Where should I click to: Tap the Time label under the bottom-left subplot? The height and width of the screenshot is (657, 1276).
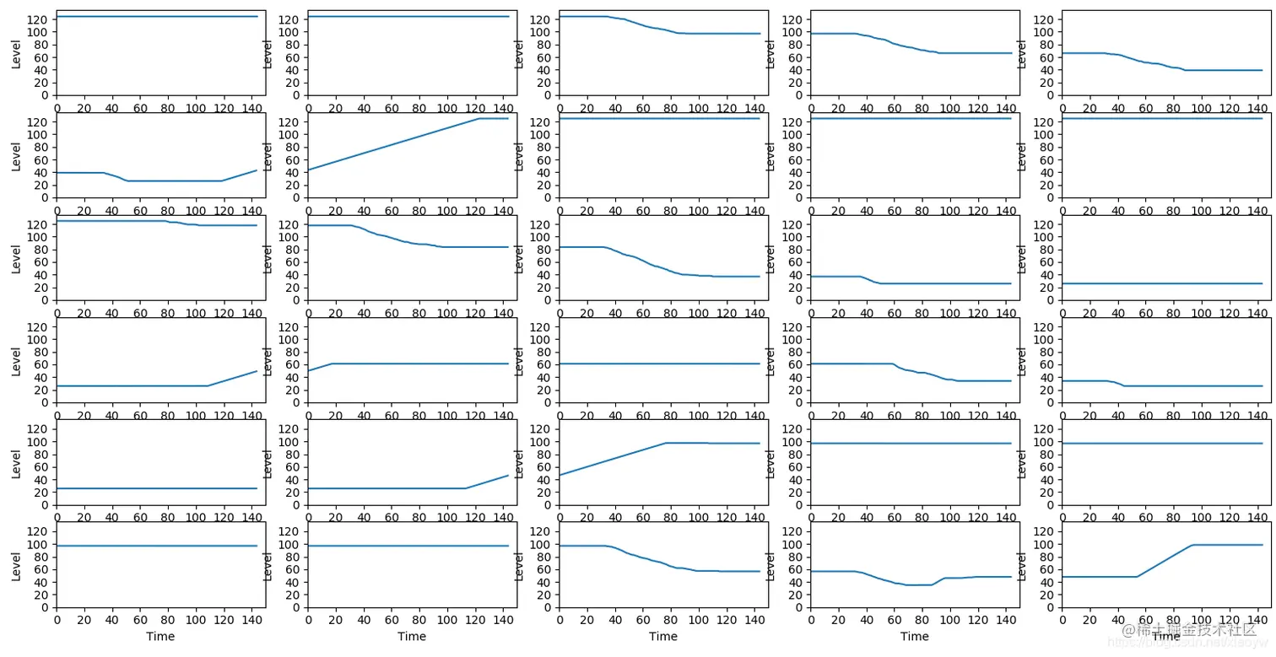point(160,637)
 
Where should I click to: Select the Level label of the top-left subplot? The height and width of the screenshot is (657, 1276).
point(17,53)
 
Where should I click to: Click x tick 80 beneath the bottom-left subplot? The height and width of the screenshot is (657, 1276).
point(167,619)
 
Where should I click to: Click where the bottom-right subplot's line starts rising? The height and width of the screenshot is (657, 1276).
point(1136,577)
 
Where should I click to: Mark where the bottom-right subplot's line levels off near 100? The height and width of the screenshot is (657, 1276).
point(1192,545)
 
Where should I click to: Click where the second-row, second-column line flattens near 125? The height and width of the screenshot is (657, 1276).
point(478,119)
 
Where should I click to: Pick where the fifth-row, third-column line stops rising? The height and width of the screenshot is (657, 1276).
point(666,443)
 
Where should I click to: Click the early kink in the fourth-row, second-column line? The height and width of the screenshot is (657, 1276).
point(332,364)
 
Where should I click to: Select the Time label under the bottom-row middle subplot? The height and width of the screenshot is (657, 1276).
point(663,637)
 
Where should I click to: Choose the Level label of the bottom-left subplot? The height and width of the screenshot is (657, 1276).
point(17,565)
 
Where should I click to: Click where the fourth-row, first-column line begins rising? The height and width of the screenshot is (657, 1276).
point(208,385)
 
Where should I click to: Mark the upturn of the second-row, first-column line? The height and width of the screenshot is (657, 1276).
point(222,180)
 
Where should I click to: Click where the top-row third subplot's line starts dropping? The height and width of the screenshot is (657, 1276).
point(606,17)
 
